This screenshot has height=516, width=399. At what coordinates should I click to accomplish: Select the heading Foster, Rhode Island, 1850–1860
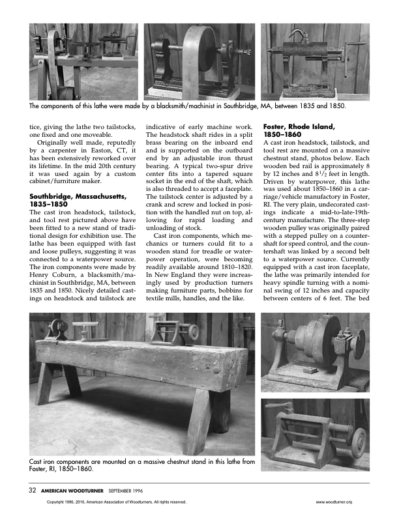[299, 130]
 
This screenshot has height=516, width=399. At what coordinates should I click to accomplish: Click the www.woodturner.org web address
[333, 502]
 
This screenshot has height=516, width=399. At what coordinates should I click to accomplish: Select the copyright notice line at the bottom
[117, 502]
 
